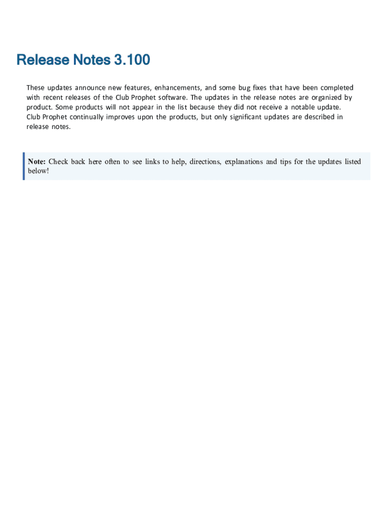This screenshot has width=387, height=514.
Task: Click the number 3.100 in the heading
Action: tap(132, 60)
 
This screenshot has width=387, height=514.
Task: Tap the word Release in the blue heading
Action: tap(43, 60)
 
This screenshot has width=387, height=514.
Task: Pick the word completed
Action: tap(334, 88)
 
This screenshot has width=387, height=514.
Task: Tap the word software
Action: tap(172, 97)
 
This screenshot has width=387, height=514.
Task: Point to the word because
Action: tap(202, 107)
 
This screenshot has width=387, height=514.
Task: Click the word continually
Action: tap(84, 117)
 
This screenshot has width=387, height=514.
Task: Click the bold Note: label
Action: tap(37, 162)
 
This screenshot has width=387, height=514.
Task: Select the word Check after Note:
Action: tap(58, 162)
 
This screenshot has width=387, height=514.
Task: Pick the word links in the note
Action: tap(152, 162)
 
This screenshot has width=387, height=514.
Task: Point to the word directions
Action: tap(206, 162)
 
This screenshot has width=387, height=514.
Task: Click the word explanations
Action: tap(244, 162)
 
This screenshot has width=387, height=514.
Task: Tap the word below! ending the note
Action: tap(39, 171)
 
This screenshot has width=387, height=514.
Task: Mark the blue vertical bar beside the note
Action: tap(24, 166)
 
